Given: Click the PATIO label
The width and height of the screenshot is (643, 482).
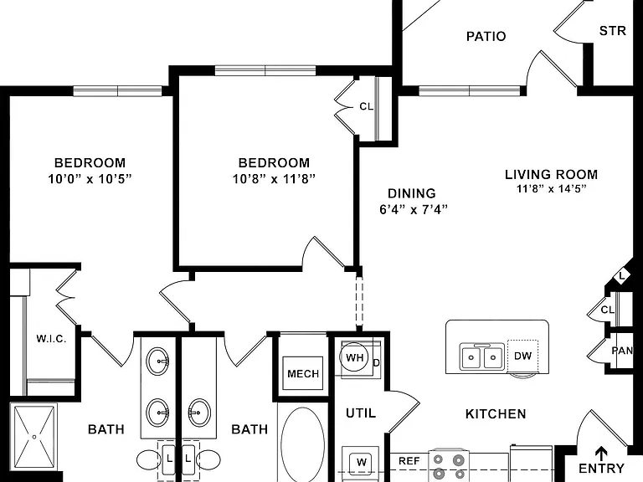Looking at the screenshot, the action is (486, 37).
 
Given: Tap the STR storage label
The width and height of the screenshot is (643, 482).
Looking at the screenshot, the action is (613, 31).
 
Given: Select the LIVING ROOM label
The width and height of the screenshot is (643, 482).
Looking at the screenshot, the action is (551, 175).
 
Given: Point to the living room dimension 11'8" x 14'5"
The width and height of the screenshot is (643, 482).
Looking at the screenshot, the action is (551, 189).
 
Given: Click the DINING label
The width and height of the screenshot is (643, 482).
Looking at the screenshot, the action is (412, 193).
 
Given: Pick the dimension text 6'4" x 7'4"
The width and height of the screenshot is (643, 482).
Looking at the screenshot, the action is (414, 210).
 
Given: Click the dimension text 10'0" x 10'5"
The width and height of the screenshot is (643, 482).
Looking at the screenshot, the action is (90, 179).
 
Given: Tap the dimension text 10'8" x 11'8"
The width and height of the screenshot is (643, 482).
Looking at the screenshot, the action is (274, 179).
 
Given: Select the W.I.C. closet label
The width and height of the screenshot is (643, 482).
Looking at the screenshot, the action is (51, 339).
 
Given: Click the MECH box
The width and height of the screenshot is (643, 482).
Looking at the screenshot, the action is (303, 373).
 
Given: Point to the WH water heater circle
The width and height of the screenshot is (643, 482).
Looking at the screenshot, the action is (354, 357).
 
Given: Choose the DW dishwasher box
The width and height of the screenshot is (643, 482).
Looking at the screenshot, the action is (522, 356).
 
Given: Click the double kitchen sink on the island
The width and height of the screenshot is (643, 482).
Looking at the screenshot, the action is (482, 356).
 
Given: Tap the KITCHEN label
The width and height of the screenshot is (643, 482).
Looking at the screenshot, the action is (496, 414).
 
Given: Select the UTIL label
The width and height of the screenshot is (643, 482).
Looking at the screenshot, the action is (361, 413).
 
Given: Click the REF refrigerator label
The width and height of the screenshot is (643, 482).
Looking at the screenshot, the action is (409, 461).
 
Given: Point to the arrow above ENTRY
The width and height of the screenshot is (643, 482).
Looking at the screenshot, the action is (602, 454).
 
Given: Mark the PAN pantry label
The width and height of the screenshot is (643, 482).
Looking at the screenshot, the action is (622, 351).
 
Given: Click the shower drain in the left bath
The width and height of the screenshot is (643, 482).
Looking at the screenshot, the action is (34, 437).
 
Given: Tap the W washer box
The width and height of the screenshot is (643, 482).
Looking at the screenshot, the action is (362, 462).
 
